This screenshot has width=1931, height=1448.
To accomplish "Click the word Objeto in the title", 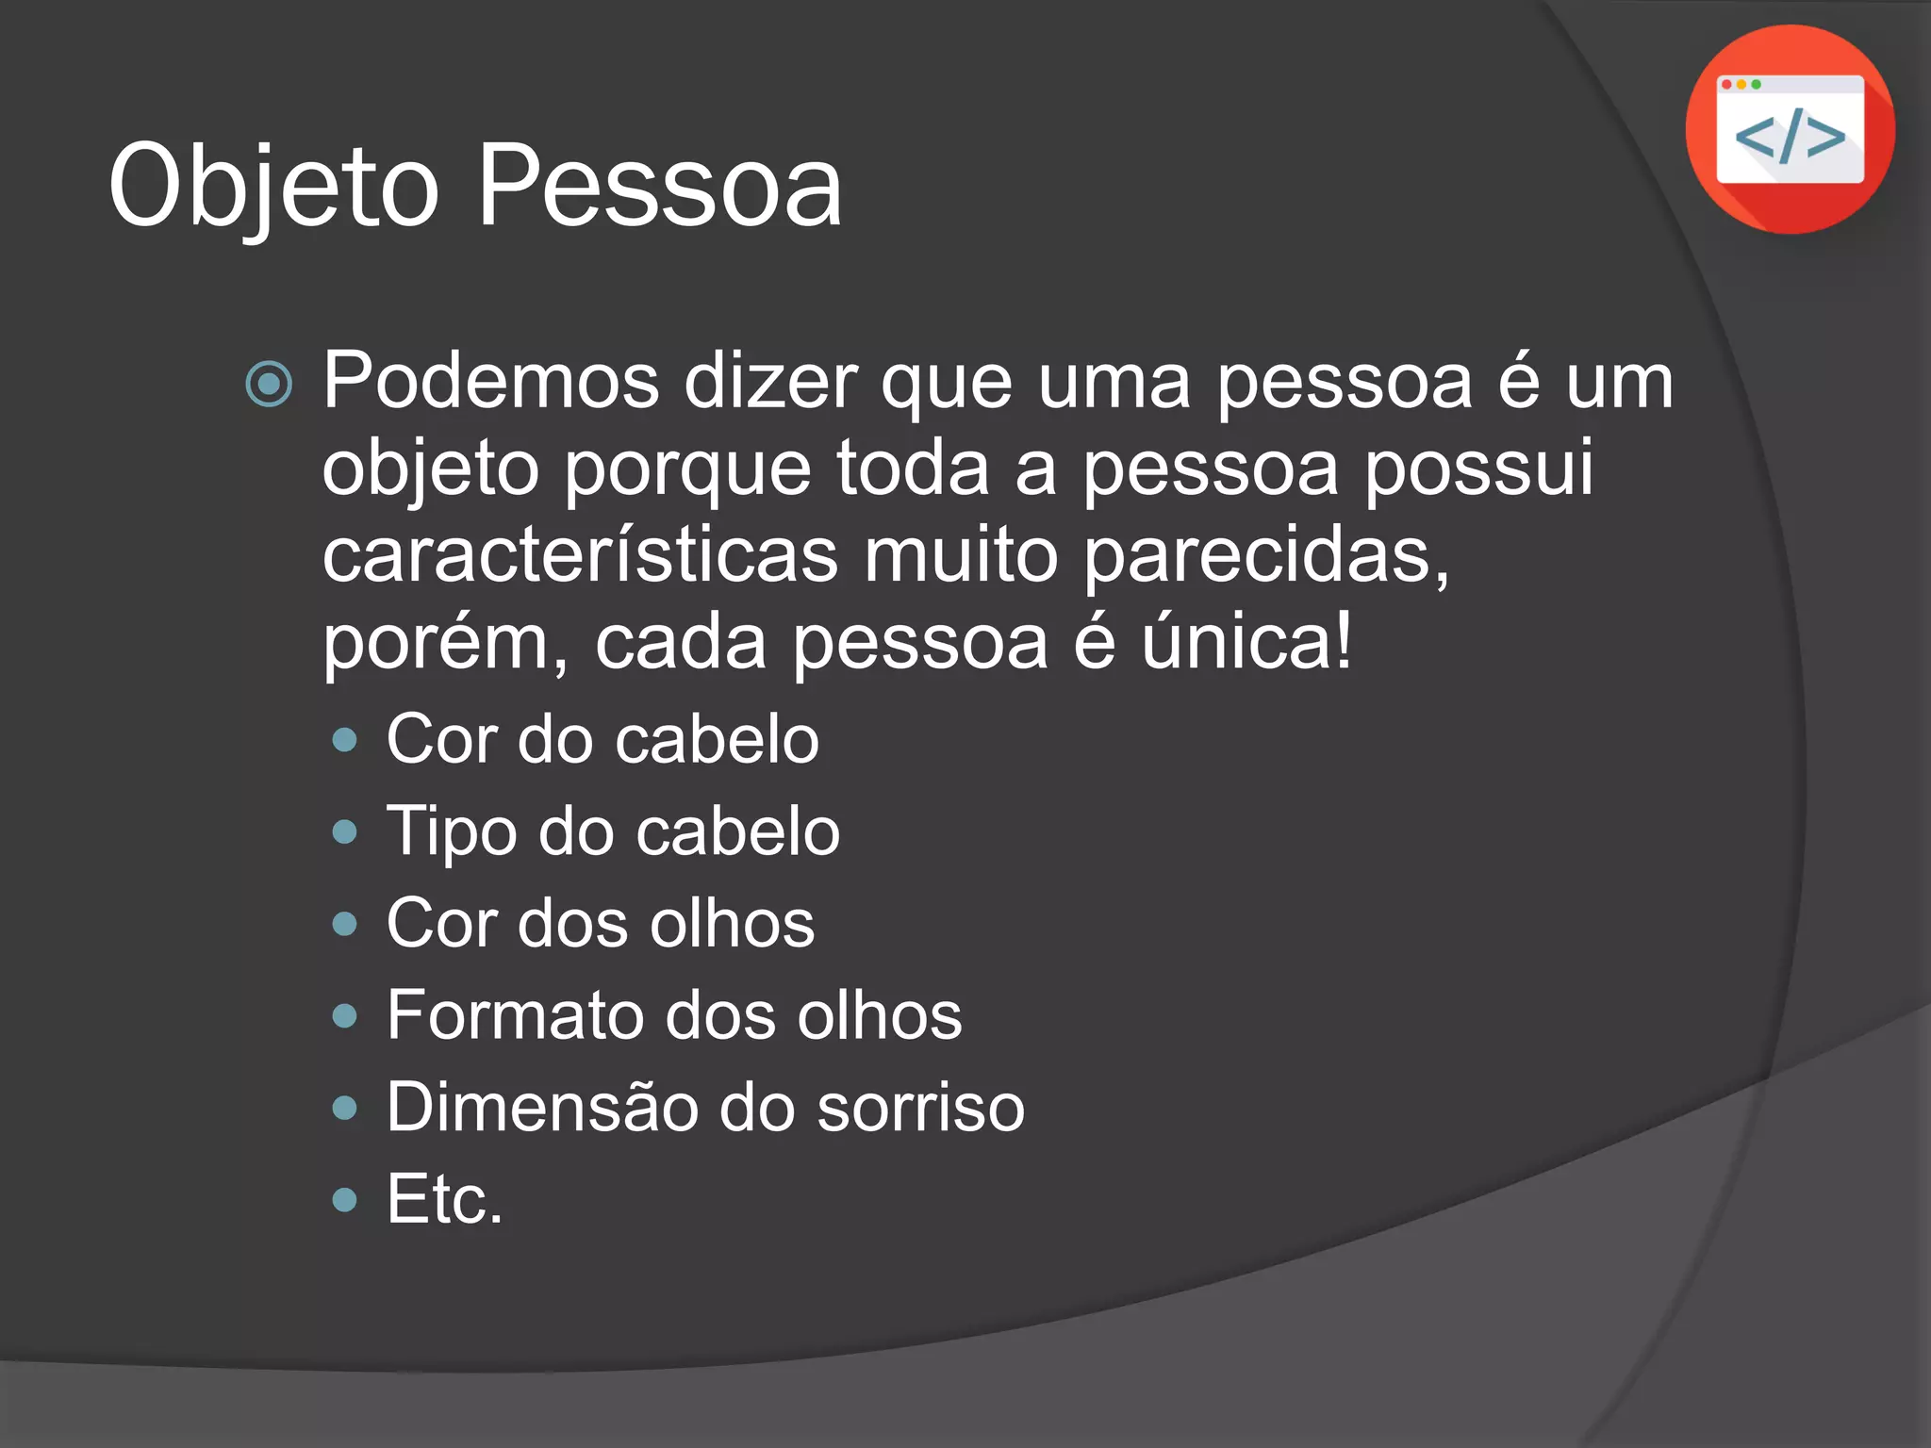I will (273, 187).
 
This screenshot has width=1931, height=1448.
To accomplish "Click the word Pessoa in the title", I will (660, 187).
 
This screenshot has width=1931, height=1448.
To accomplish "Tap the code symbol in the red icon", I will (1790, 138).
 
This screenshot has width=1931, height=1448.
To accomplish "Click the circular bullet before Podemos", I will (269, 384).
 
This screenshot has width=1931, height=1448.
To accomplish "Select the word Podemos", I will (491, 382).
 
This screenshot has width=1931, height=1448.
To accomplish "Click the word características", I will (580, 556).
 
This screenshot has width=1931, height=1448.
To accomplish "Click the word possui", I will (1478, 469).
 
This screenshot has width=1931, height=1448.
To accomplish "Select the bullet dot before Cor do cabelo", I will (345, 740).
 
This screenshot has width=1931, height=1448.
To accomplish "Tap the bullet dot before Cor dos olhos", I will (345, 924).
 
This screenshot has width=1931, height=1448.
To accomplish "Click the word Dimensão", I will (541, 1107).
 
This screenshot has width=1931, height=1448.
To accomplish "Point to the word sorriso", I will (920, 1107).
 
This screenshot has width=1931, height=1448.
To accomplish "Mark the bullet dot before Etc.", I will (345, 1199).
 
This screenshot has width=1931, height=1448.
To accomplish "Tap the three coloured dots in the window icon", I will (1741, 85).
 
